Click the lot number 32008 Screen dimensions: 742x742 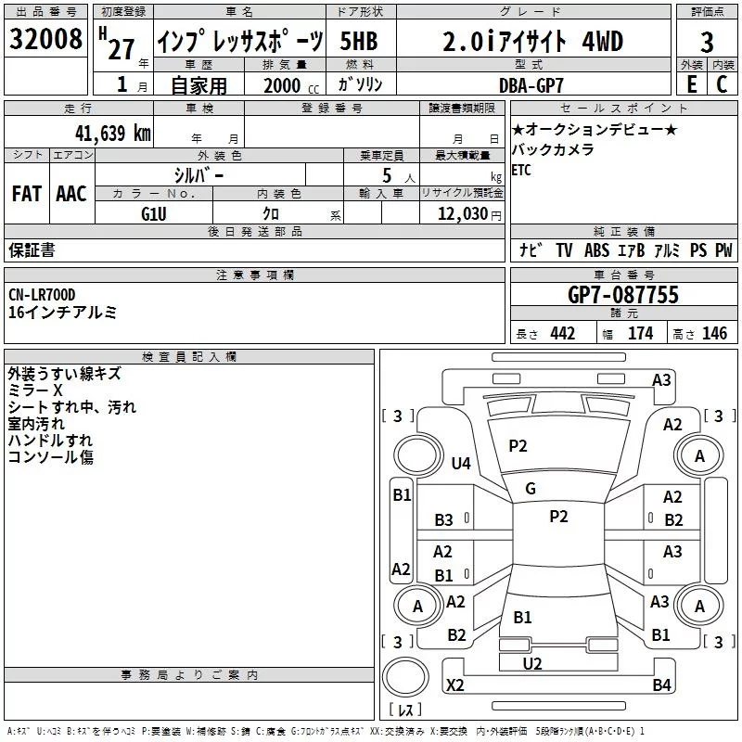45,42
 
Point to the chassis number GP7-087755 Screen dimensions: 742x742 622,295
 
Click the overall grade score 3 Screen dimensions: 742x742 707,42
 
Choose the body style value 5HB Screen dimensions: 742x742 359,42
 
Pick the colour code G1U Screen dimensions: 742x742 155,213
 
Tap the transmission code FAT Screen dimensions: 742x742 26,193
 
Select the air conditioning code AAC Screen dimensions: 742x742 70,193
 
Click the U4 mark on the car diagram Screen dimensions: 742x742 461,463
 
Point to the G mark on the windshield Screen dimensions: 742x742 531,488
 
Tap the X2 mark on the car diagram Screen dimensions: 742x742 455,684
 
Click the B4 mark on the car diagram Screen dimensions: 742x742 661,684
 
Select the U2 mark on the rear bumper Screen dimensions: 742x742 532,663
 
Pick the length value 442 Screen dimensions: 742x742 562,334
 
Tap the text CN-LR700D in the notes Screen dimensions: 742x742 42,295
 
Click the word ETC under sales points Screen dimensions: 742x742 521,170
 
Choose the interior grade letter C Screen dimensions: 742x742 722,84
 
